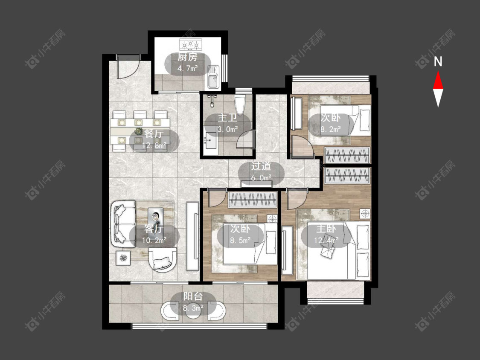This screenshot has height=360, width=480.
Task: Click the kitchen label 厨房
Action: [x=188, y=57]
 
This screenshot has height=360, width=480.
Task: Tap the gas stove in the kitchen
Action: [x=191, y=44]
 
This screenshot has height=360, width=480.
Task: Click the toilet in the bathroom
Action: [x=240, y=104]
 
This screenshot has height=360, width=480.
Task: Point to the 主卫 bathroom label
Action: [x=227, y=118]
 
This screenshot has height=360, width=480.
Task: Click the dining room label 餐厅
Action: [x=154, y=134]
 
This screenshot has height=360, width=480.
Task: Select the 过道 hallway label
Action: [x=261, y=166]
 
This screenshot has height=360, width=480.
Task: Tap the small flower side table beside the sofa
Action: [x=123, y=258]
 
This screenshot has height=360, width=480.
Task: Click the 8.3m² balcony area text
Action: [x=193, y=308]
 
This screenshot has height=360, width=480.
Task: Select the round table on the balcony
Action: [x=193, y=311]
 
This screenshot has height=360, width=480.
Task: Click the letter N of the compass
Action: [x=438, y=62]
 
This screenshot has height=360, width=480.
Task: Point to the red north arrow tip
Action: [x=438, y=71]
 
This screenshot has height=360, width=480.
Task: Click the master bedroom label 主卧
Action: [x=326, y=229]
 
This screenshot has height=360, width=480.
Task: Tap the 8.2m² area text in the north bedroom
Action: [x=331, y=130]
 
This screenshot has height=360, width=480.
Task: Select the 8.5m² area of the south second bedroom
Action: [x=240, y=240]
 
